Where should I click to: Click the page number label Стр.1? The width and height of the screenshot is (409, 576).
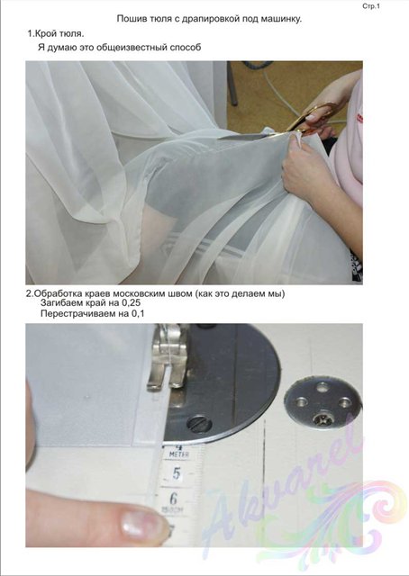[371, 6]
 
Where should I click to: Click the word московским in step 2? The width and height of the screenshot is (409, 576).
[140, 294]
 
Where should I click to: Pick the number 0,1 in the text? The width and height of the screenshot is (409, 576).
[138, 314]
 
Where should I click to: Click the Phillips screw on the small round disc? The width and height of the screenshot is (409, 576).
[320, 418]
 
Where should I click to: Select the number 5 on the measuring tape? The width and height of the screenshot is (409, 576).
[177, 473]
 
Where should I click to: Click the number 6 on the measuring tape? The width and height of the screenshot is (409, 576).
[174, 499]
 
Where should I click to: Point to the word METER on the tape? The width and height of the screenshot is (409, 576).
[178, 454]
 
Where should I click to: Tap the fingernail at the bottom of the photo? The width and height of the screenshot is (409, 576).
[142, 523]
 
